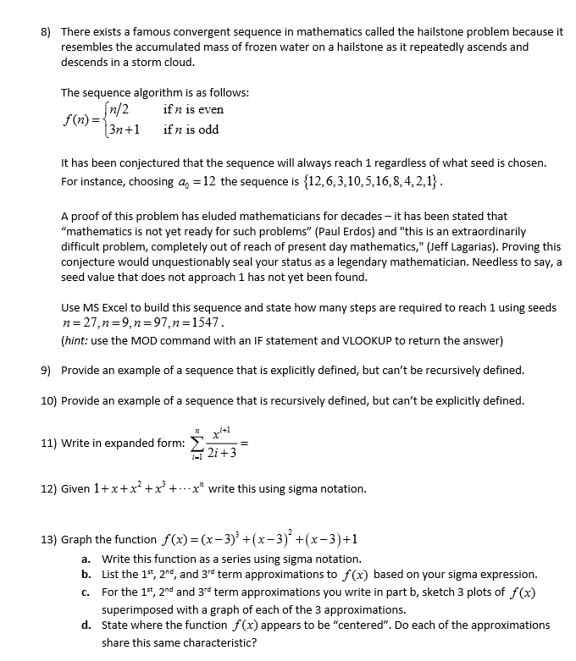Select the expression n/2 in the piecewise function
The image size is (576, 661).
[114, 110]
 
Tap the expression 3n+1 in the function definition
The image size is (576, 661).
[119, 129]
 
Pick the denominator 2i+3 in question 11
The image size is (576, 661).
[219, 453]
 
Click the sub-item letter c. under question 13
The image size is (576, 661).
[86, 592]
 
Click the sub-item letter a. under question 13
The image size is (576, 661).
[86, 559]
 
